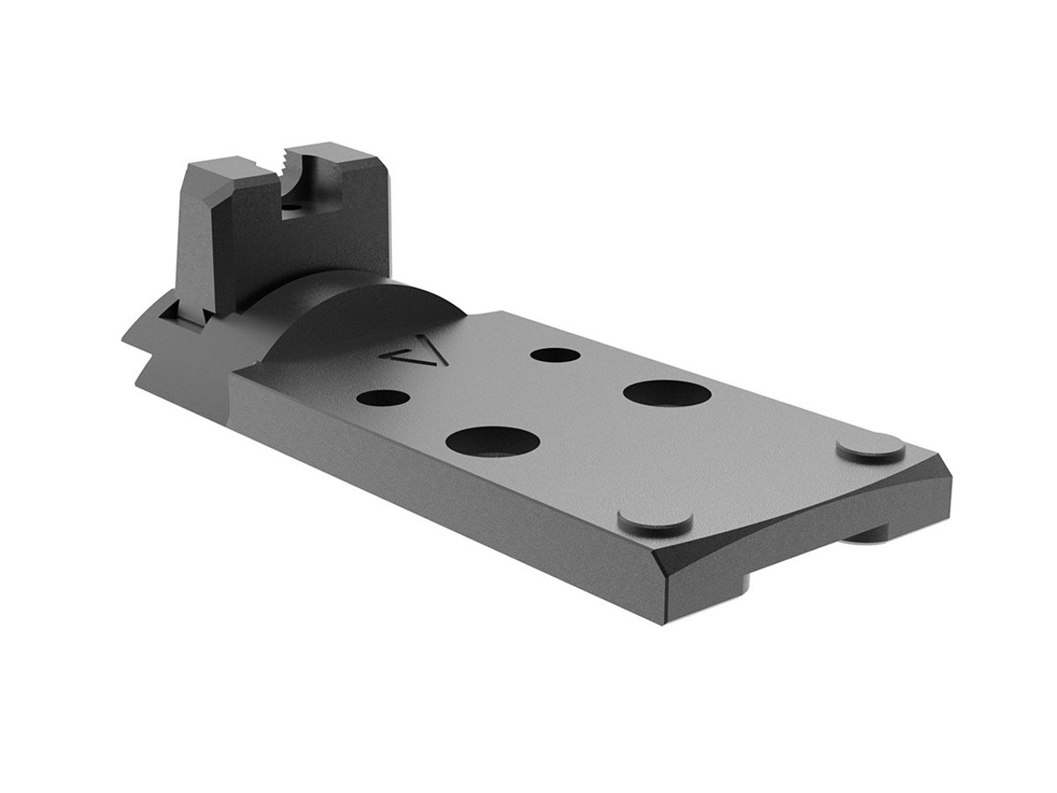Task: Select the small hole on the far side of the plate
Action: (556, 355)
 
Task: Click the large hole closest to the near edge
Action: (493, 440)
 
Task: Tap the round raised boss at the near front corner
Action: (654, 520)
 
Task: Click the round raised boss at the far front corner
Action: (869, 448)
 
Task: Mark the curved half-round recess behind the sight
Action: (352, 308)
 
